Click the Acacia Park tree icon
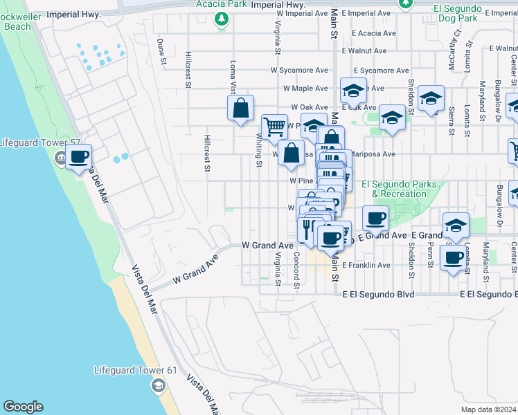[221, 19]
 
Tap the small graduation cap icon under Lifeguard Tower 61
[159, 385]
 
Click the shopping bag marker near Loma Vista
[240, 109]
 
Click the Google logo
[23, 406]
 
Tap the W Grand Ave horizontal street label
[267, 246]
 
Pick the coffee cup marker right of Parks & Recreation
[375, 219]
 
